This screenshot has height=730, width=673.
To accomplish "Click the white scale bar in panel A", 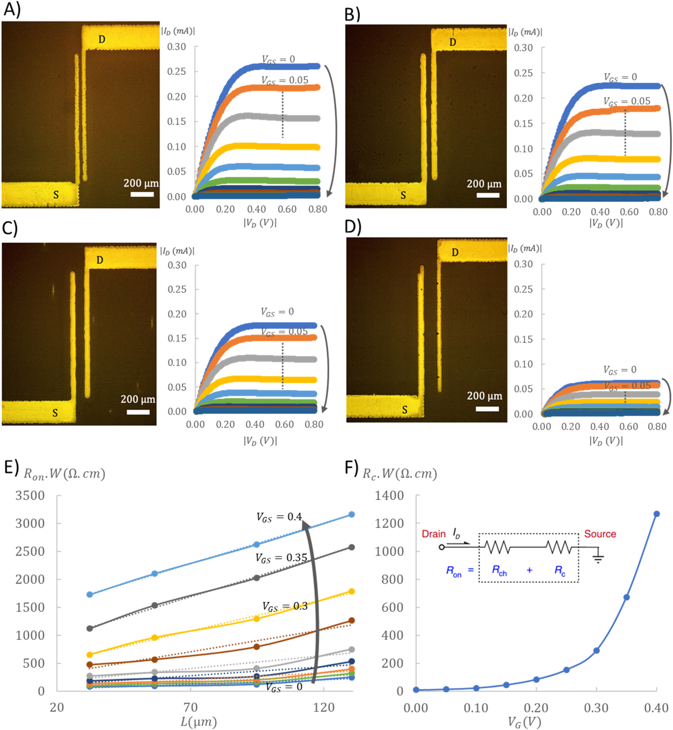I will (x=142, y=194).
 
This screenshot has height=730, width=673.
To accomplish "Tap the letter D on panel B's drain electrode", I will (x=453, y=42).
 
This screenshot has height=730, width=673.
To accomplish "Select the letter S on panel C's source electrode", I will (x=55, y=413).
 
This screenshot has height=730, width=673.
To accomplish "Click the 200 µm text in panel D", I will (x=484, y=396).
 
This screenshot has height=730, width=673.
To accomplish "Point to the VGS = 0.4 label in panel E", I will (x=279, y=517).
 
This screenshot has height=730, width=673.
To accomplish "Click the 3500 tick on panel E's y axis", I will (x=30, y=496).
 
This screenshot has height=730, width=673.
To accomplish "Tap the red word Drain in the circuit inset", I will (x=433, y=534).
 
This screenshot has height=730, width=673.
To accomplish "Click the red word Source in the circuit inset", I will (x=600, y=534).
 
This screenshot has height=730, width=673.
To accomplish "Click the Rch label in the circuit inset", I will (x=499, y=570).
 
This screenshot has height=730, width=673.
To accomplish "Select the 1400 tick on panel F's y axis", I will (x=389, y=496).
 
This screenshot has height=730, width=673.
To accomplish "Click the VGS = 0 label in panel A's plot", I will (x=278, y=60).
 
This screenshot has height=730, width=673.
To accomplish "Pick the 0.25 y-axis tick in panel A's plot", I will (x=177, y=72).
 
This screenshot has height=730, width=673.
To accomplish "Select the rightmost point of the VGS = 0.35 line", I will (x=352, y=547).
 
